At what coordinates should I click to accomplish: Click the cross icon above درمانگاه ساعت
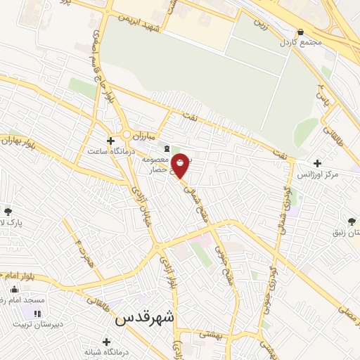point(110,141)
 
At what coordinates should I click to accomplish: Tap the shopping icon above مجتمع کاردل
point(300,32)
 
